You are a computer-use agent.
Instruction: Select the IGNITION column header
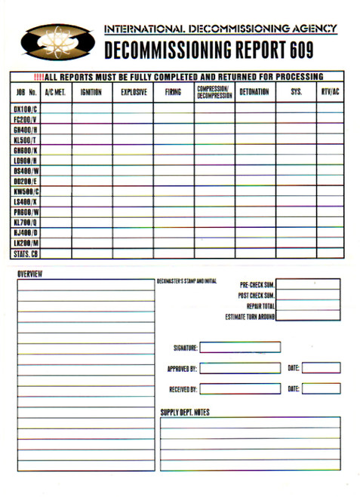(92, 92)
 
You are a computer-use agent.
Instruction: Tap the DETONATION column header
(254, 92)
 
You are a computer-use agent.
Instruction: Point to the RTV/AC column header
(330, 92)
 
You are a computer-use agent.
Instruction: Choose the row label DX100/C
(26, 109)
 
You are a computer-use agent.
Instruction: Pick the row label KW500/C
(26, 192)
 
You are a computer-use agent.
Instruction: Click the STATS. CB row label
(26, 253)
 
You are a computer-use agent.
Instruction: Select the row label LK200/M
(26, 244)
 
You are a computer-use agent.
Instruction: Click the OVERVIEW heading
(29, 273)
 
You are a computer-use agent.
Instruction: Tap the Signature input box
(240, 348)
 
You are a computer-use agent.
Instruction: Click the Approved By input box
(240, 368)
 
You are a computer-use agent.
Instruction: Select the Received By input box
(240, 389)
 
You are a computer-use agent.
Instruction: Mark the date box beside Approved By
(321, 368)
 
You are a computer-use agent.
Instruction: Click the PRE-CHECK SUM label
(256, 285)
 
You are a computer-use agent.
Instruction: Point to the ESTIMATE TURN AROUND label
(250, 317)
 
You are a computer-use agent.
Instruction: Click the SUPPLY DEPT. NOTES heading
(185, 412)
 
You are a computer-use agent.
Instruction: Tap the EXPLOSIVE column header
(133, 92)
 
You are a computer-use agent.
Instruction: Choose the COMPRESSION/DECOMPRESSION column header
(214, 92)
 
